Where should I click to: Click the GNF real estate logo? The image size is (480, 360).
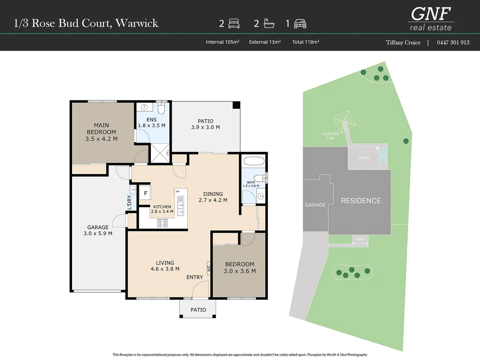(x=431, y=19)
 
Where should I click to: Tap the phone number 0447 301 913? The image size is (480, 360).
(x=453, y=42)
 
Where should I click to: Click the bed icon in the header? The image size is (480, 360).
(x=234, y=24)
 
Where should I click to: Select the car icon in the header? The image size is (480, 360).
(x=300, y=24)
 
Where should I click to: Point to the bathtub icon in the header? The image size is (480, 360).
(x=269, y=23)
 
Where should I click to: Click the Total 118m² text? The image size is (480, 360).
(x=306, y=42)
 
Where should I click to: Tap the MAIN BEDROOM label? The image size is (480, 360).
(x=101, y=132)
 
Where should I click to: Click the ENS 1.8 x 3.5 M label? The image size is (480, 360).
(x=152, y=123)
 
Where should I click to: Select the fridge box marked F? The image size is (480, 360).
(x=145, y=193)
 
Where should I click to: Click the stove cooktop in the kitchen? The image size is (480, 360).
(x=162, y=223)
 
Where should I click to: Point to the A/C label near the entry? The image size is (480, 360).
(x=209, y=268)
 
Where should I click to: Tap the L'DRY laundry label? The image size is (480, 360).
(x=129, y=202)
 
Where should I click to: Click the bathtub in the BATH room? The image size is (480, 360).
(x=254, y=161)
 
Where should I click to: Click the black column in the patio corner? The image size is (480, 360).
(x=236, y=105)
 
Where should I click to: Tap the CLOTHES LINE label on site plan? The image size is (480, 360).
(x=330, y=136)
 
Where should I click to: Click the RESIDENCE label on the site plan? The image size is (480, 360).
(x=361, y=201)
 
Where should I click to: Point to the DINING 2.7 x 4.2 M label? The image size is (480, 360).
(x=213, y=197)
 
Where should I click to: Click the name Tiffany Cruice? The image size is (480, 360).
(x=403, y=42)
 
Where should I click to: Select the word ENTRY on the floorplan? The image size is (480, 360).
(x=195, y=277)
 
